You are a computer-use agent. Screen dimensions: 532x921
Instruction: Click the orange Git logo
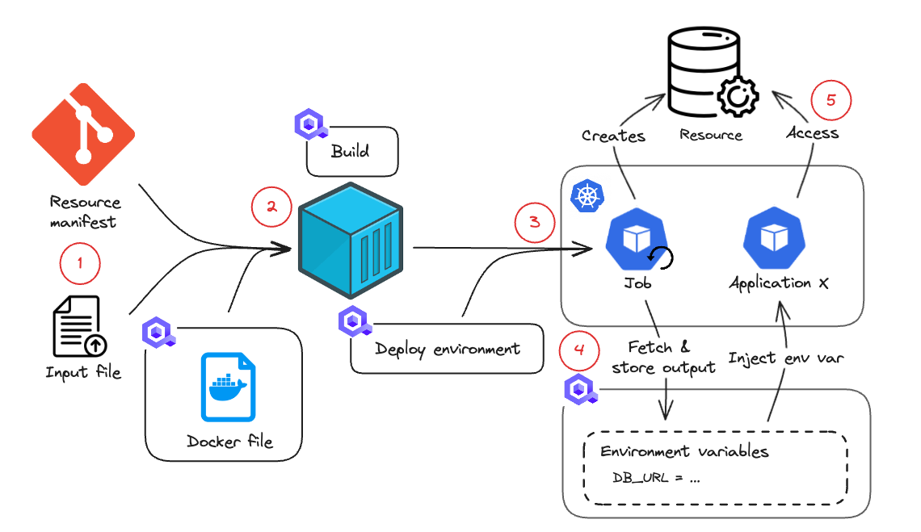point(83,133)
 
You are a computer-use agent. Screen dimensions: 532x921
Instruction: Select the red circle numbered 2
point(272,207)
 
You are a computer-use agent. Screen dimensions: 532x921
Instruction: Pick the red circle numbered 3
point(534,222)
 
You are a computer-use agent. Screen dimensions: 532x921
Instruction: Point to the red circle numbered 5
point(831,99)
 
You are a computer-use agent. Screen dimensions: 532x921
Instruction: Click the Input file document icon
point(78,327)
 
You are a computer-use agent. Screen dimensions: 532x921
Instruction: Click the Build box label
point(350,152)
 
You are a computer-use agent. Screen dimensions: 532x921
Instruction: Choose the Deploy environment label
point(447,350)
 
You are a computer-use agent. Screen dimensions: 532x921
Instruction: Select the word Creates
point(613,136)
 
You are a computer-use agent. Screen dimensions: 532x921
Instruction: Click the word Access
point(812,132)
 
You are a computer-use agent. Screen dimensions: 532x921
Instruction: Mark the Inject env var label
point(786,358)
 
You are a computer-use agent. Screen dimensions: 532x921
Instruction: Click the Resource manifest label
point(85,212)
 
